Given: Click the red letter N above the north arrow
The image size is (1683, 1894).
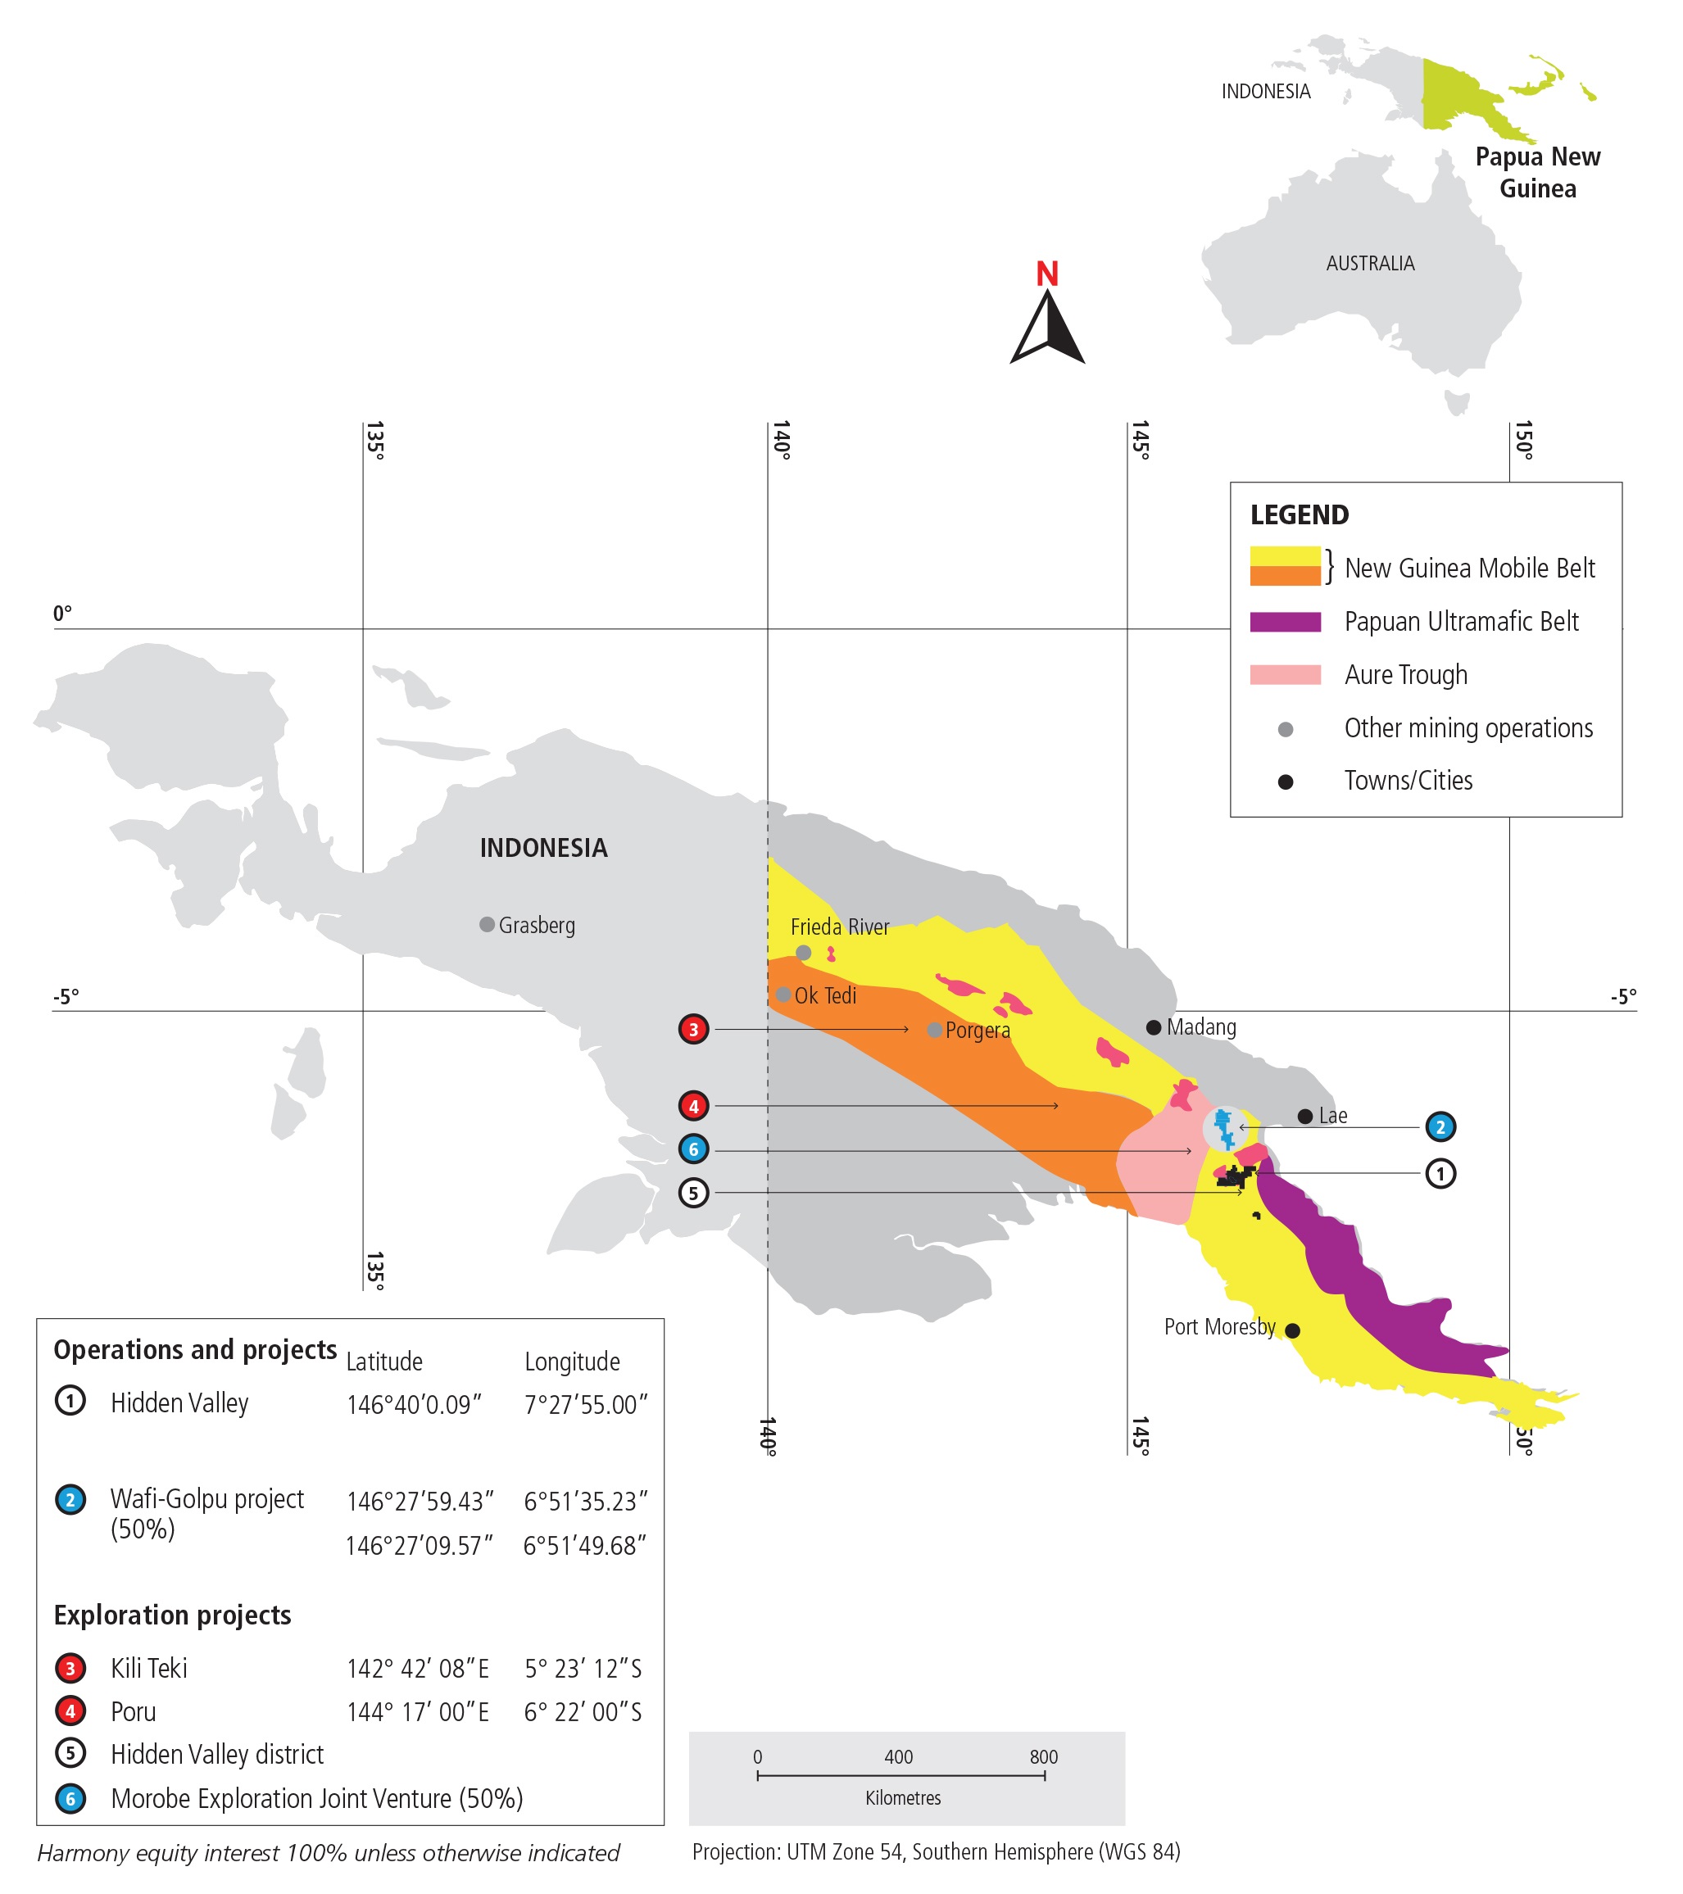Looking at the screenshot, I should (1047, 274).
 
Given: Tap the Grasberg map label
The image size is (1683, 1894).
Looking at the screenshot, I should (537, 926).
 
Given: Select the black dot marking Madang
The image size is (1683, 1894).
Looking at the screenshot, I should (1154, 1027).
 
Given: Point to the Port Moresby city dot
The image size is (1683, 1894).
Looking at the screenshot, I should (1293, 1330).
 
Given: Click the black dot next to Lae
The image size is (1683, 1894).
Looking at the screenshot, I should (1305, 1117).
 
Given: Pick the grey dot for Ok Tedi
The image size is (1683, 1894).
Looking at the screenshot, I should (784, 995).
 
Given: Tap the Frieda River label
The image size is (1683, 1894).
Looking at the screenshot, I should (839, 927).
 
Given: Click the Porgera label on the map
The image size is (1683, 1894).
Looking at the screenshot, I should (978, 1031).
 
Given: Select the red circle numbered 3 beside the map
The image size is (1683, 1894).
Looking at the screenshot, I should (693, 1030).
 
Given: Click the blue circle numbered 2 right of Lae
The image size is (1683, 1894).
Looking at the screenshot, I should (1440, 1128).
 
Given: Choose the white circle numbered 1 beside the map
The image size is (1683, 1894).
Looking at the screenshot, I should (1440, 1174).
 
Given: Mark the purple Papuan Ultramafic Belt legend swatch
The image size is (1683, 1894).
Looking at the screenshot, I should (1285, 622).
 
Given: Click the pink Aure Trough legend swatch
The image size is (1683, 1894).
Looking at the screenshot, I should (1285, 674).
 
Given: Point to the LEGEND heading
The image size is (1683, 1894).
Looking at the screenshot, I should (1300, 515).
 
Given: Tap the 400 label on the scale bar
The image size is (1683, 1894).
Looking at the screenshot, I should (898, 1757).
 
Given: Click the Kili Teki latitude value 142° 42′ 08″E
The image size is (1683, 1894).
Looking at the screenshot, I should (417, 1669).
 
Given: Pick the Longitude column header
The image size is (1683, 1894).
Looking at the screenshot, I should (572, 1362).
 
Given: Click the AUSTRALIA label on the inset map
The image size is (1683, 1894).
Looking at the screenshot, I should (1370, 264).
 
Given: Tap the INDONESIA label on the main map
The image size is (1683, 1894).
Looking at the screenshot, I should (543, 848).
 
